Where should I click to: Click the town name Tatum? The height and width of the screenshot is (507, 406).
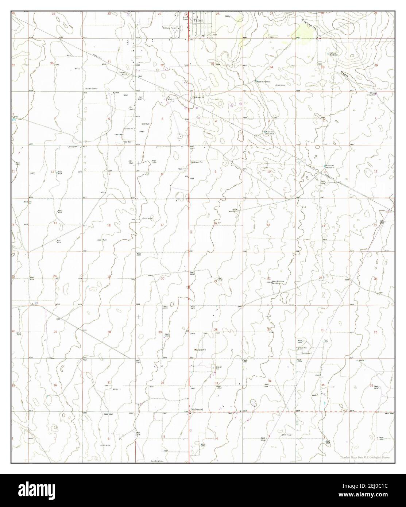(x=198, y=21)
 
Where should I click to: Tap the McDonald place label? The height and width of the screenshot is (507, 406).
(x=196, y=409)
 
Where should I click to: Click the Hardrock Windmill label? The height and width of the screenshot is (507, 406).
(x=270, y=132)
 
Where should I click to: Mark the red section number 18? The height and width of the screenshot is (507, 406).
(x=108, y=225)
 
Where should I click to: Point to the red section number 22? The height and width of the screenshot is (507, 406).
(x=269, y=278)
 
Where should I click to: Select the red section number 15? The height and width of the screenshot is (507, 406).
(x=268, y=225)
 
